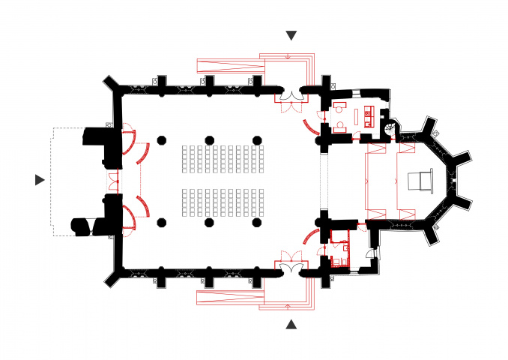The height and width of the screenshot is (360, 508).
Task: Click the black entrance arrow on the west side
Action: (40, 179)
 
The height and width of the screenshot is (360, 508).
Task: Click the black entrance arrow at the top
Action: (291, 35)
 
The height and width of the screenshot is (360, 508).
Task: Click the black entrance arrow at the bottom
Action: (291, 324)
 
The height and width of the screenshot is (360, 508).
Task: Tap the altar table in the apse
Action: (420, 181)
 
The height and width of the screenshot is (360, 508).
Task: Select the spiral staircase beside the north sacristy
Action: (390, 127)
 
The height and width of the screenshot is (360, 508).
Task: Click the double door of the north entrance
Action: (290, 96)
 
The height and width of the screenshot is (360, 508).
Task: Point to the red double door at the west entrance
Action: (114, 180)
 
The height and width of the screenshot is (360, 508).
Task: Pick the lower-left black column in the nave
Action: (160, 222)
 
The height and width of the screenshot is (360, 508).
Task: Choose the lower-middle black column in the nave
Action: (209, 222)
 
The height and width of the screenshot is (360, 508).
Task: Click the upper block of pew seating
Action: (224, 157)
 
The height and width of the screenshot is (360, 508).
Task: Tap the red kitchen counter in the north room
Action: (367, 115)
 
